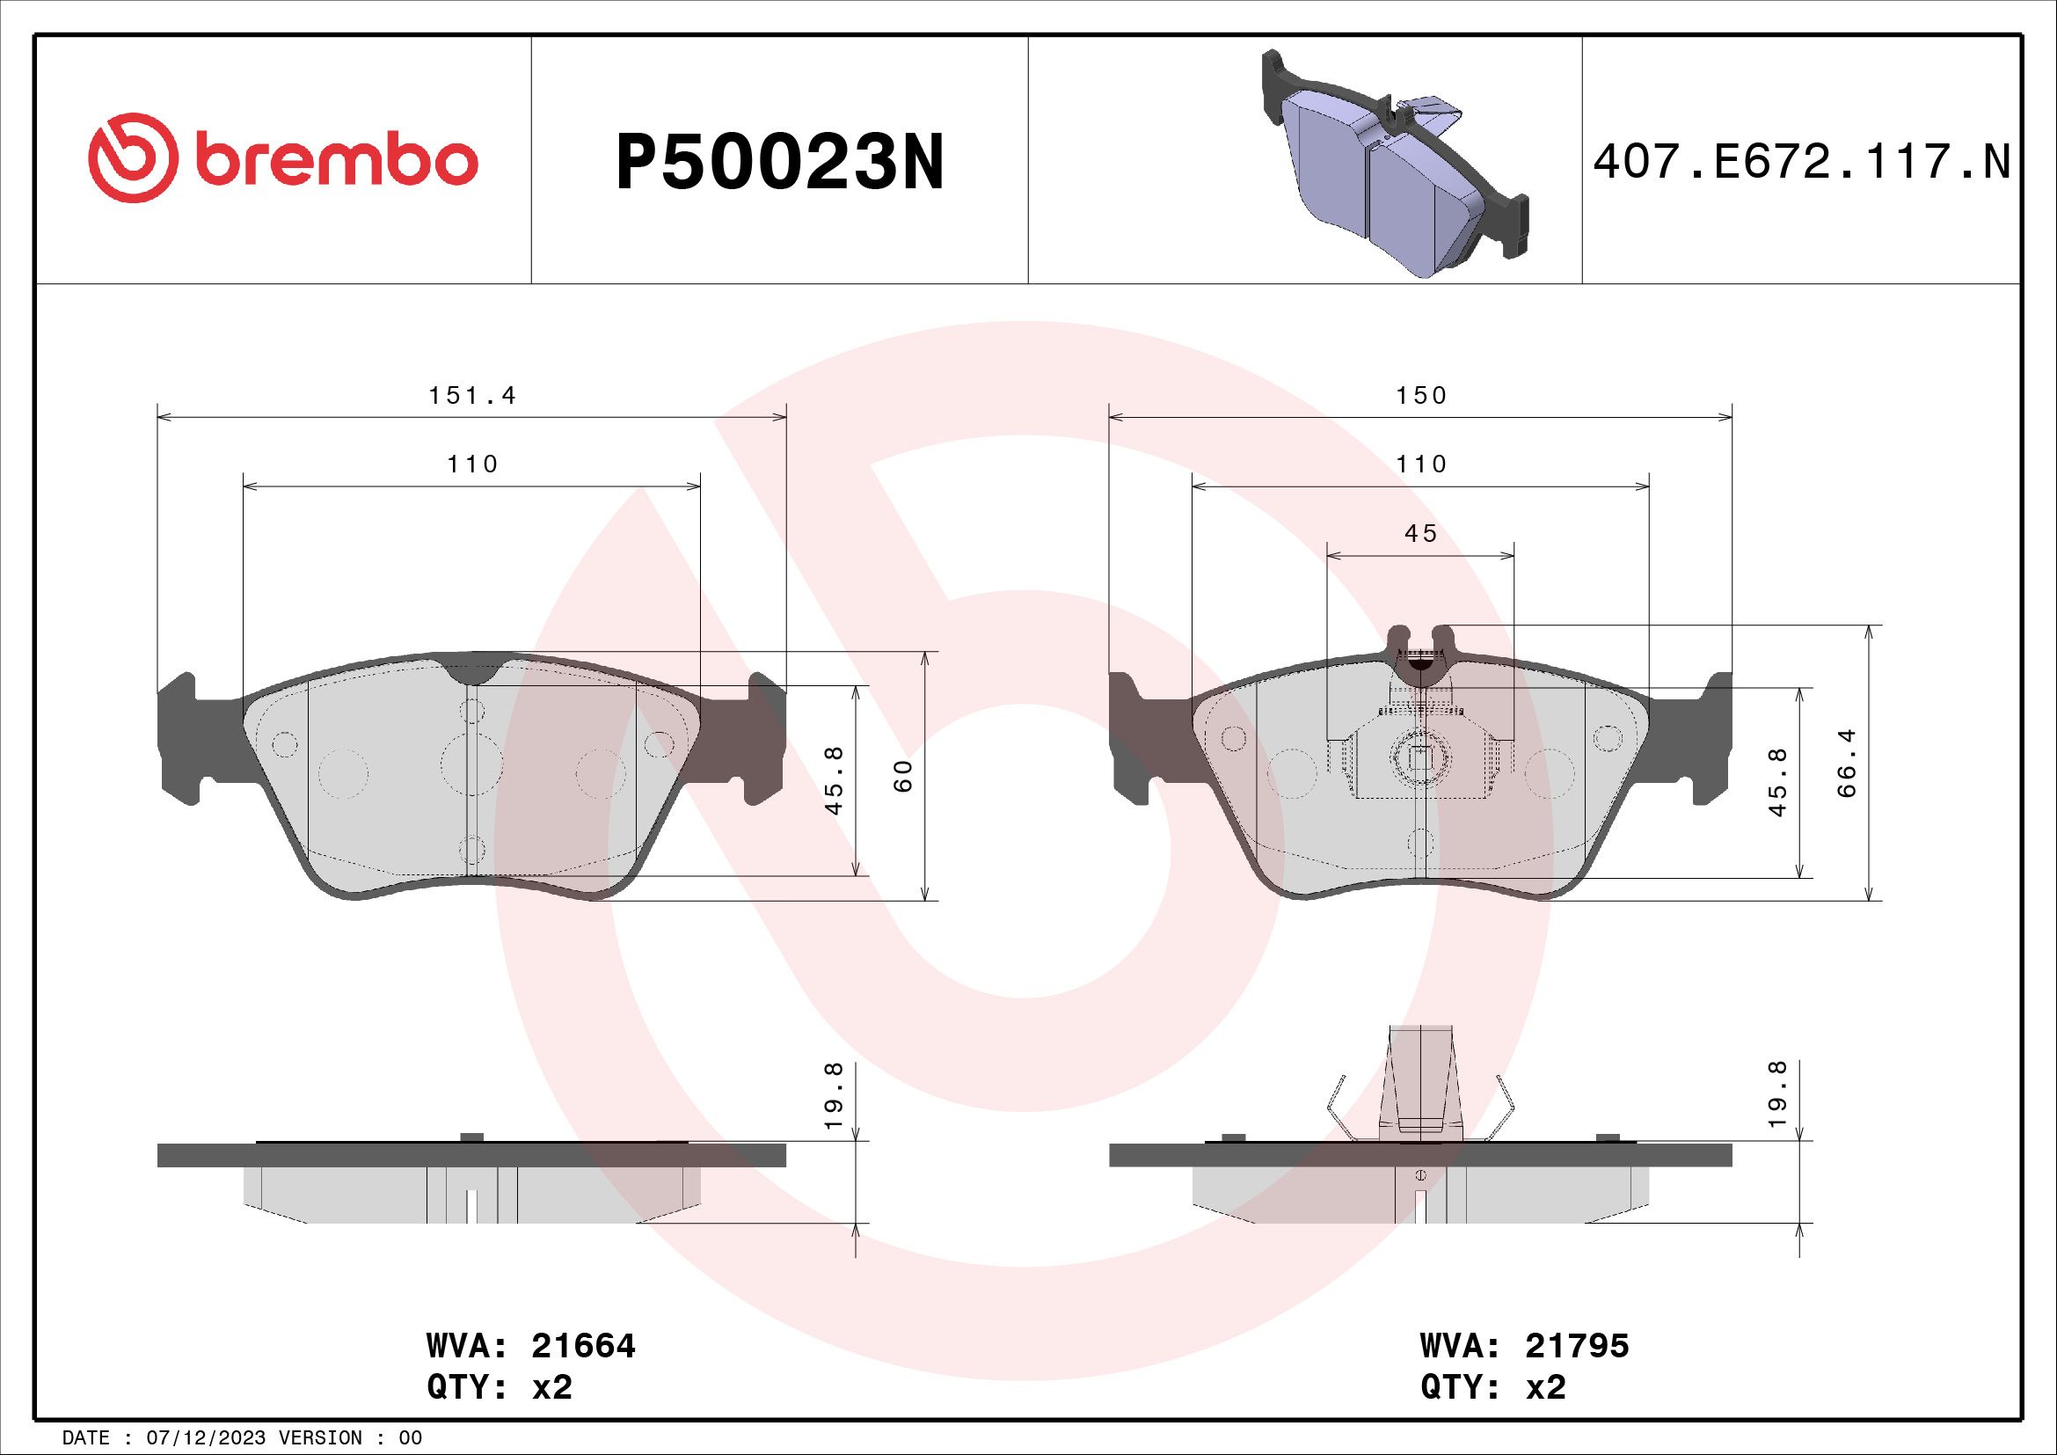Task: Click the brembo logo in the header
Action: coord(283,159)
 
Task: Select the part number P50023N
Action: coord(779,163)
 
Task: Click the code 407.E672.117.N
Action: coord(1802,163)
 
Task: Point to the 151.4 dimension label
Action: coord(472,396)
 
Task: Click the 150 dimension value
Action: coord(1421,396)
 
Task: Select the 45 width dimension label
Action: coord(1421,534)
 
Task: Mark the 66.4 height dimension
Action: coord(1848,764)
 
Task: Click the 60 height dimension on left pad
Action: coord(904,775)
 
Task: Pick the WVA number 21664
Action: coord(583,1346)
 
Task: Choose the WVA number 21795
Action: coord(1577,1346)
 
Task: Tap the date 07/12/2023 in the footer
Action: coord(205,1438)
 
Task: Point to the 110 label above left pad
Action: coord(472,465)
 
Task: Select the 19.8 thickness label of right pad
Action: coord(1778,1094)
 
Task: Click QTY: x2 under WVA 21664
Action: coord(499,1388)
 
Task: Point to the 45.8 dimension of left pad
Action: coord(834,780)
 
